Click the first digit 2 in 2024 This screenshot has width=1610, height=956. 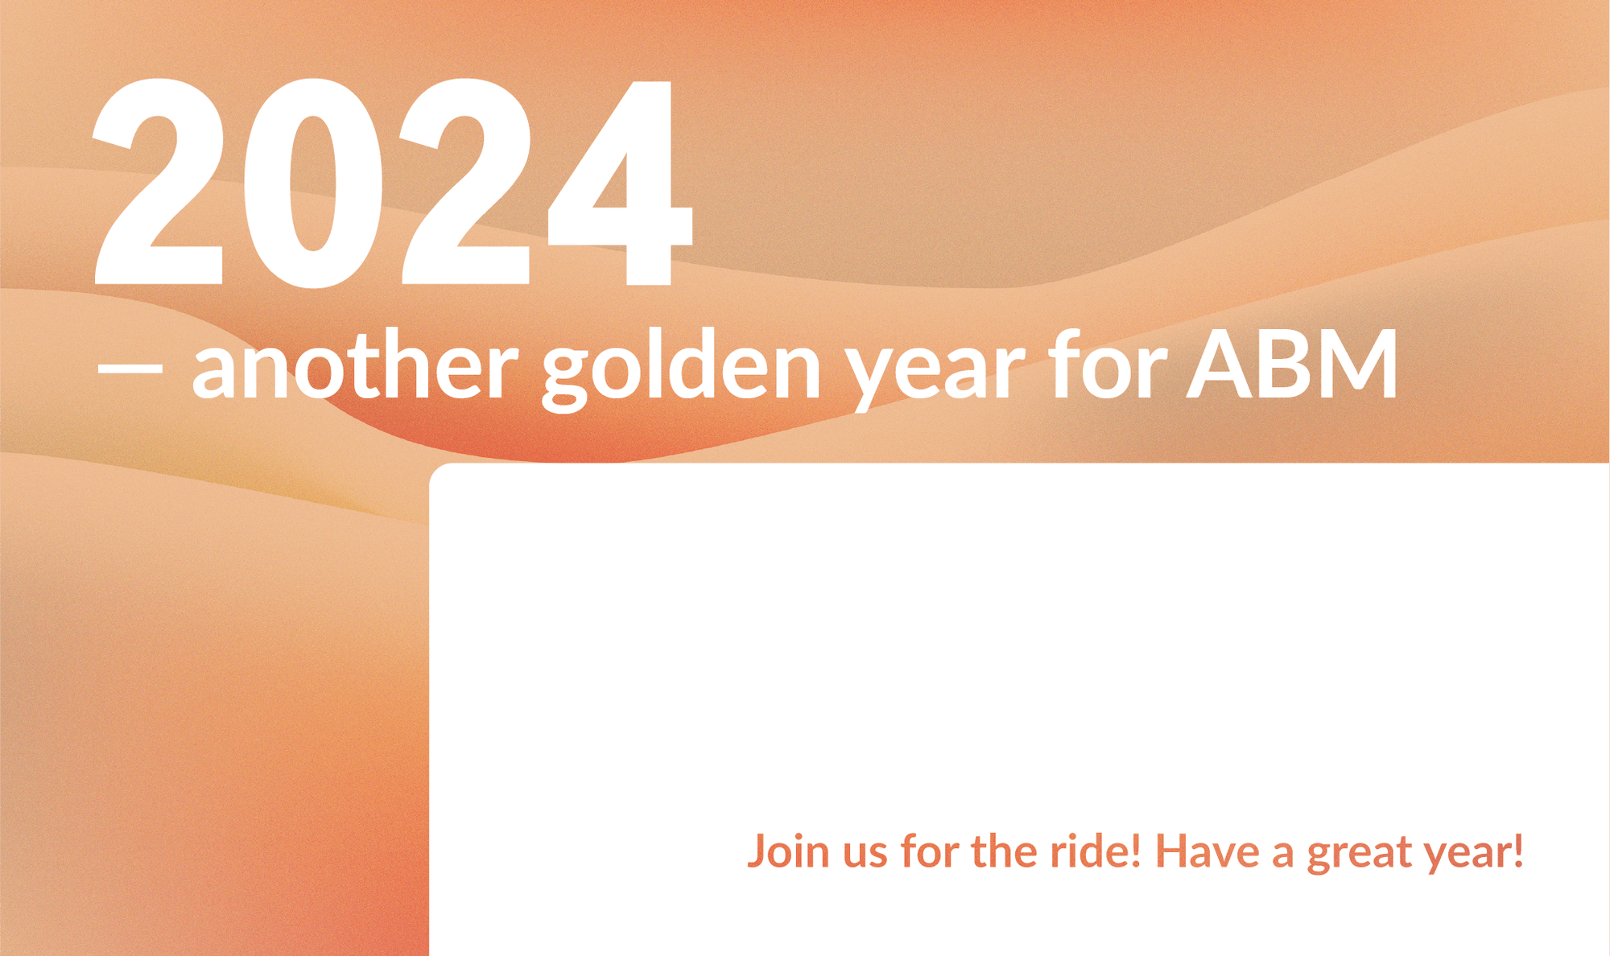159,182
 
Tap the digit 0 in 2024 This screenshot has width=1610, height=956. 313,183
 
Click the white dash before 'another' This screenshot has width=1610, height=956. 130,368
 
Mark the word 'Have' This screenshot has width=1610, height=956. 1207,852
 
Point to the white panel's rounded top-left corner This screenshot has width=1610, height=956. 435,468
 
